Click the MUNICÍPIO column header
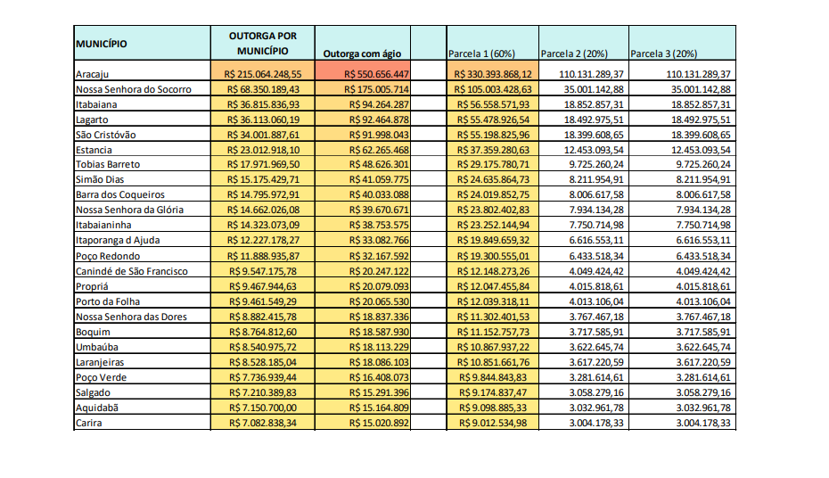click(x=101, y=44)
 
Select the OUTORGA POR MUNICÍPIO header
click(x=263, y=44)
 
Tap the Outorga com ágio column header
click(x=365, y=54)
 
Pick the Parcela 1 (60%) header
click(x=481, y=54)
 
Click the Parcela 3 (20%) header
click(x=664, y=54)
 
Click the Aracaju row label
click(x=92, y=74)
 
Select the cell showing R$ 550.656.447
click(x=366, y=74)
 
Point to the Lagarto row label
click(x=92, y=119)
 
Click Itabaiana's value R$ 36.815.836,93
click(x=263, y=104)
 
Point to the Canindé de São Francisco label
click(x=132, y=271)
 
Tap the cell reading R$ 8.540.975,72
click(x=263, y=346)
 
